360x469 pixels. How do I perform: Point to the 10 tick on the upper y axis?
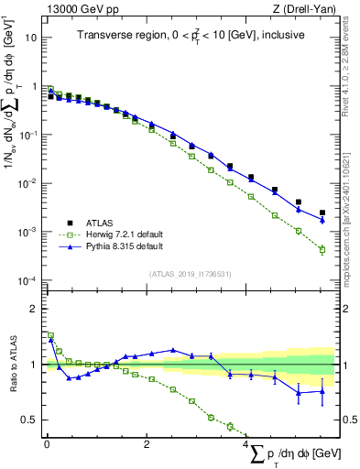[x=32, y=38]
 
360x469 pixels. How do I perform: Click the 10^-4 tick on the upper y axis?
[x=29, y=280]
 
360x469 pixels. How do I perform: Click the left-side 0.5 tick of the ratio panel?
[x=32, y=420]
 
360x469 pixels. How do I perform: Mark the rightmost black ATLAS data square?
[x=322, y=213]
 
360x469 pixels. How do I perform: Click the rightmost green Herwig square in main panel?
[x=322, y=249]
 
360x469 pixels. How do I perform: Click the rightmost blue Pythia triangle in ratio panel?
[x=322, y=391]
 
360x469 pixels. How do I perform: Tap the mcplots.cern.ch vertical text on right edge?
[x=353, y=229]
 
